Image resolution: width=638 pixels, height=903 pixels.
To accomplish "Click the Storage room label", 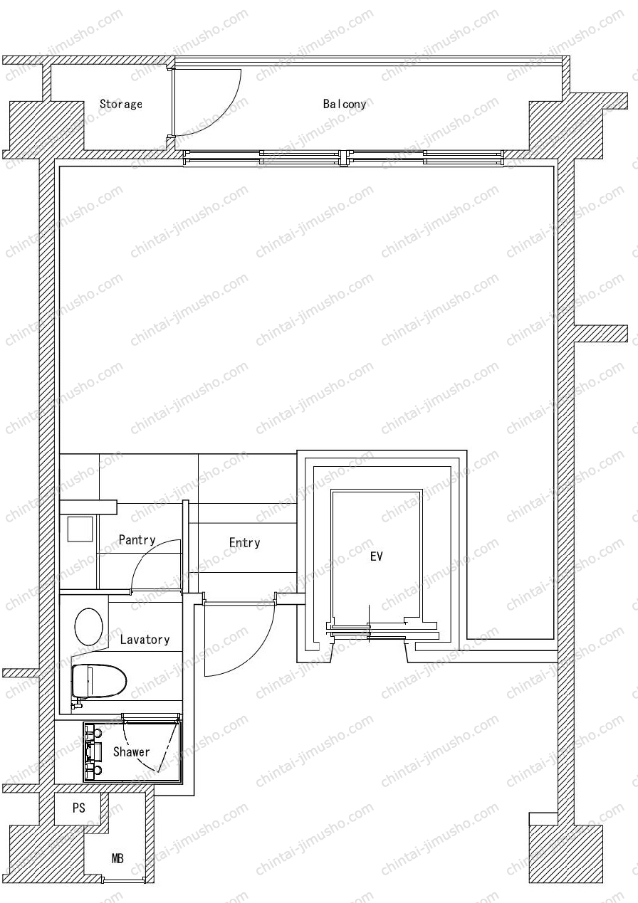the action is (x=120, y=104).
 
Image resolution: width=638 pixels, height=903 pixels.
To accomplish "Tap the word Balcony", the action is (x=345, y=104).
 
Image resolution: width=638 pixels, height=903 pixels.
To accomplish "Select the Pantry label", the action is (x=137, y=540).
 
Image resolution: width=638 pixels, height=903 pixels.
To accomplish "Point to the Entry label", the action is (x=244, y=543).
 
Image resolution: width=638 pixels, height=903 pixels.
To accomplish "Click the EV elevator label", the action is (x=376, y=556).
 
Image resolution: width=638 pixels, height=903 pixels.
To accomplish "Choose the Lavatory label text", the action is (x=145, y=639).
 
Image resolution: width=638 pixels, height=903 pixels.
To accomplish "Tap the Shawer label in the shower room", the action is (x=132, y=752).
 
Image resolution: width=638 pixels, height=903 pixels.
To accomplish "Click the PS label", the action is (x=79, y=808).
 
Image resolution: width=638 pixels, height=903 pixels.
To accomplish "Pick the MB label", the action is (x=117, y=859).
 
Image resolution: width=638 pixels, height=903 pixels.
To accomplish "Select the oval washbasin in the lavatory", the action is (x=89, y=626).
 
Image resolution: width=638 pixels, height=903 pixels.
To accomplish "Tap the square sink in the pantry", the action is (x=80, y=529).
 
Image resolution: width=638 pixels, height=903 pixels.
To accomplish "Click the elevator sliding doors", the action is (x=382, y=631).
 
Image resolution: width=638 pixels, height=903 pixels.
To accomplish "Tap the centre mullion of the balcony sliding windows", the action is (x=343, y=158).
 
